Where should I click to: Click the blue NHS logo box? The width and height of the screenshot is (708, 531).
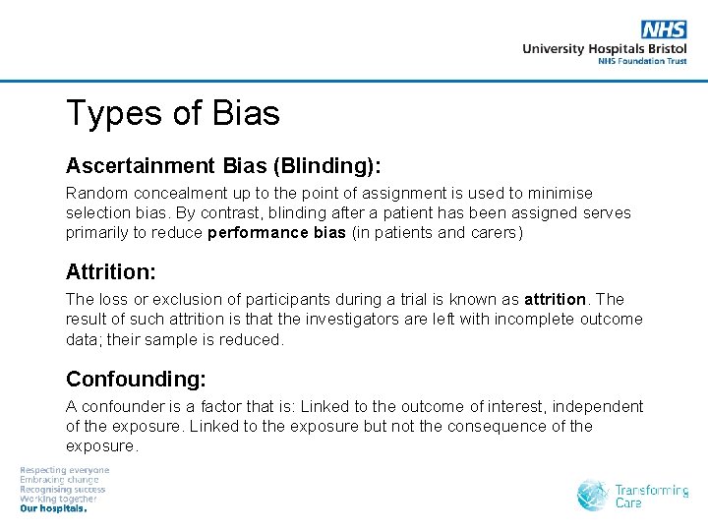664,29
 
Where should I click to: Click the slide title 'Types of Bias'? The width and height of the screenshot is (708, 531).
172,114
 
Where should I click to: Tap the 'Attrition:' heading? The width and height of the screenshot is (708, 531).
111,271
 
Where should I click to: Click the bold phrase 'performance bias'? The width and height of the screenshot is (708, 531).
276,233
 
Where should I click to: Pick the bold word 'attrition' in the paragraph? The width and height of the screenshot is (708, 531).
555,299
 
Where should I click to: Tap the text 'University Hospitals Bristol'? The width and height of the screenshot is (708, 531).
604,48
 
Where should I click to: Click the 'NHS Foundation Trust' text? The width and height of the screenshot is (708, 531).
642,61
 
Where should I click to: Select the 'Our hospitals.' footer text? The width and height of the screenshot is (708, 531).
54,508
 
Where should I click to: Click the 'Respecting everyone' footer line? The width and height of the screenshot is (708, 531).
65,470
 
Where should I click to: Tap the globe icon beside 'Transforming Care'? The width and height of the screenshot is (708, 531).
593,495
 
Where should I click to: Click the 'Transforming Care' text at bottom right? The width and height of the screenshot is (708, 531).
651,496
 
